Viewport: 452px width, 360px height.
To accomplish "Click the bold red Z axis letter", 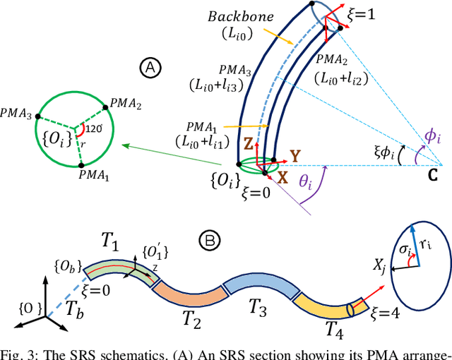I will [249, 140].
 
